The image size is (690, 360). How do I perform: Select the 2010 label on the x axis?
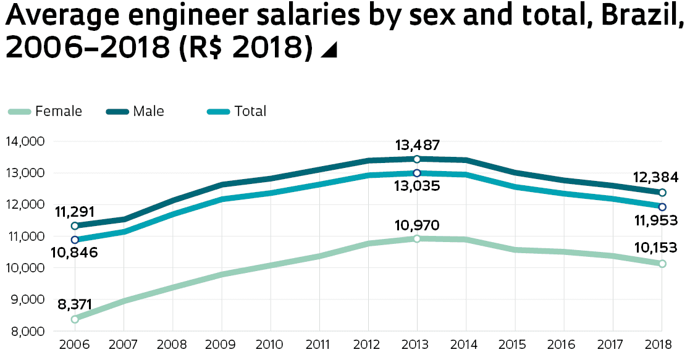tap(271, 344)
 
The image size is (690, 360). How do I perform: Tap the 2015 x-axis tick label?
tap(515, 344)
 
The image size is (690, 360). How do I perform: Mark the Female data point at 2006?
tap(75, 319)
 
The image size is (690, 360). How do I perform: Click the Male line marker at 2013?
tap(417, 159)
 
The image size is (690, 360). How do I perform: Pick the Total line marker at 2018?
tap(662, 207)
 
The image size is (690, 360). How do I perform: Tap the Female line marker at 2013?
tap(417, 238)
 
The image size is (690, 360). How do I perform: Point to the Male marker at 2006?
tap(75, 226)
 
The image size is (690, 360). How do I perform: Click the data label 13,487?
tap(418, 146)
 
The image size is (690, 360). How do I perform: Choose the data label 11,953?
tap(655, 220)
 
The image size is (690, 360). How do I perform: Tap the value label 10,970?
tap(418, 225)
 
